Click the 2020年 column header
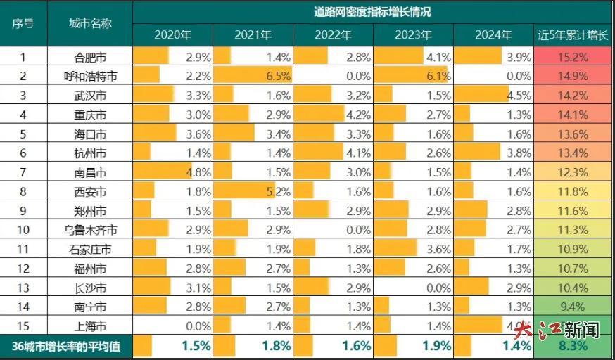[172, 34]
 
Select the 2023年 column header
[413, 34]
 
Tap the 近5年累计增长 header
[573, 34]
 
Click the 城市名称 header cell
[90, 22]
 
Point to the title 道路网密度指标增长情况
[372, 11]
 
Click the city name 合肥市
[90, 58]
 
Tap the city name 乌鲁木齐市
[90, 229]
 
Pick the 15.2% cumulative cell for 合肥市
[573, 58]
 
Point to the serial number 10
[23, 229]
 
